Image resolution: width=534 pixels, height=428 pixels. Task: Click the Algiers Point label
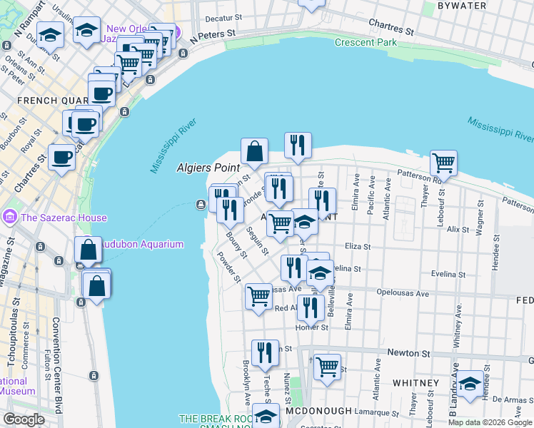pos(207,167)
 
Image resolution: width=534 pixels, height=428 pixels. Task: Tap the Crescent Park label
pos(366,43)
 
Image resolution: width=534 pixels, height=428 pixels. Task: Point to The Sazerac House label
pos(64,218)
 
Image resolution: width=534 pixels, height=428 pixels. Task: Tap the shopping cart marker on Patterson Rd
pos(444,163)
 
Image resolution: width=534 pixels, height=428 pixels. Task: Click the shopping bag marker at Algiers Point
pos(254,151)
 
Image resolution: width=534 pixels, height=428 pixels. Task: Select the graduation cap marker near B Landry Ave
pos(469,384)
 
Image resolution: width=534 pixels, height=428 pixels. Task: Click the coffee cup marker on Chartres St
pos(61,157)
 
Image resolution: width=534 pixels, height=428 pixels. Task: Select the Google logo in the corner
pos(24,419)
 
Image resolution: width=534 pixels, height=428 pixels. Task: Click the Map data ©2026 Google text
pos(490,422)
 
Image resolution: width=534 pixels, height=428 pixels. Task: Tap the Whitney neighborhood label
pos(415,383)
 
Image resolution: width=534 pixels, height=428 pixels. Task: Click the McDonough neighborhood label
pos(319,412)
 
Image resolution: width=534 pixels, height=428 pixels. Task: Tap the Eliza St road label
pos(357,246)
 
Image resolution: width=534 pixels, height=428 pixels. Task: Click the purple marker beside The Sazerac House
pos(10,215)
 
